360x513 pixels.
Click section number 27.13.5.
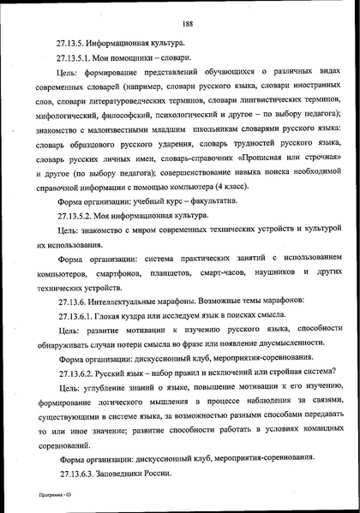point(75,42)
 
